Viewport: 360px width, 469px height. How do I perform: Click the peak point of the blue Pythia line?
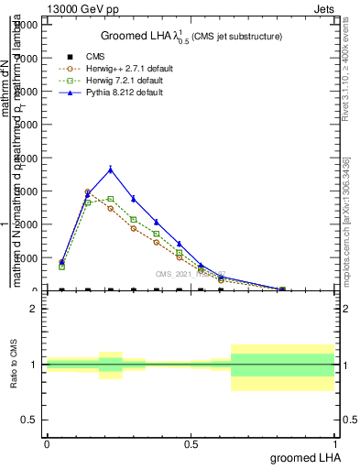pyautogui.click(x=111, y=169)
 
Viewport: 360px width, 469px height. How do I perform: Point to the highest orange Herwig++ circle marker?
pyautogui.click(x=88, y=192)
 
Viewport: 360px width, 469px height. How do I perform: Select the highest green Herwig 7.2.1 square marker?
pyautogui.click(x=110, y=199)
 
